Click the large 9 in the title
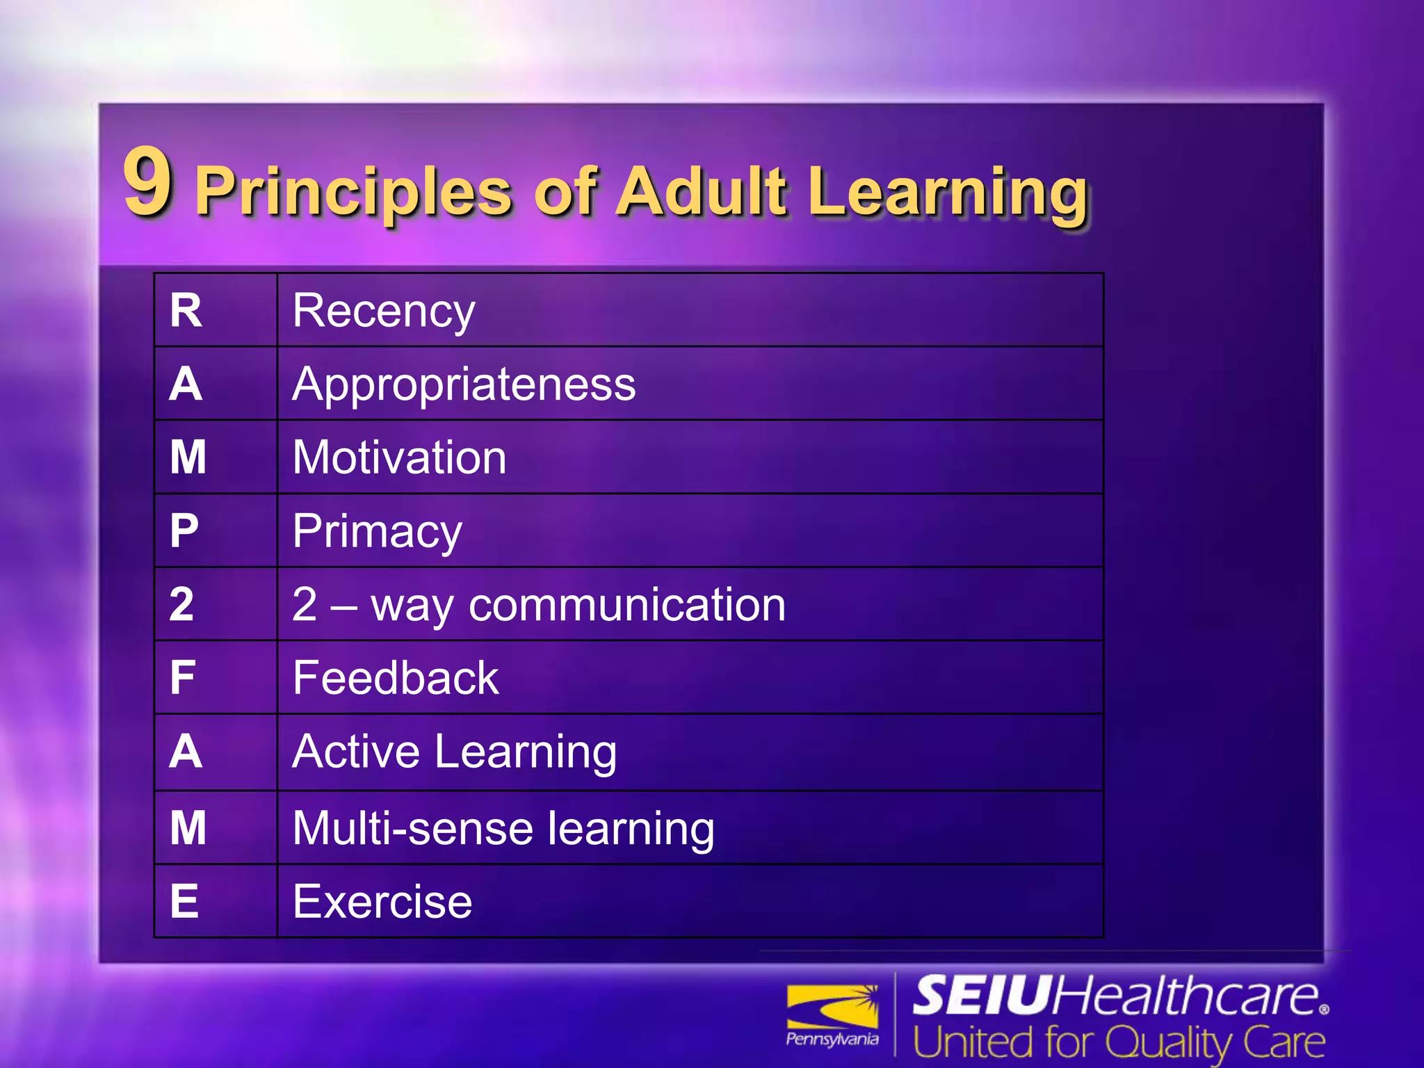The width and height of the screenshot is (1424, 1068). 147,182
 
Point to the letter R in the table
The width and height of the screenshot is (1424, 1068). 186,310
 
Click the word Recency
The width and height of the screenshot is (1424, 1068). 384,311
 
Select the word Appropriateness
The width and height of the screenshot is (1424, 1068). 464,384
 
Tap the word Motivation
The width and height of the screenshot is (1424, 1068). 400,458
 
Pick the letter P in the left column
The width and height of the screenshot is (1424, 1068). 184,531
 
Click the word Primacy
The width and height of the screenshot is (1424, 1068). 378,532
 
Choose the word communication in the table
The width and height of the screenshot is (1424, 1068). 627,604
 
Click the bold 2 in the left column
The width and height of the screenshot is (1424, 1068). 181,604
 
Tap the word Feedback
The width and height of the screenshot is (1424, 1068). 396,678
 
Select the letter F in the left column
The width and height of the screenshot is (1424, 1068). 183,678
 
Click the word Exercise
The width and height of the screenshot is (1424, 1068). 382,902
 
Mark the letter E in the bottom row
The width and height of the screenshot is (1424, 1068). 184,902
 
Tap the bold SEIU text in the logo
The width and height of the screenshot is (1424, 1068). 980,996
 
